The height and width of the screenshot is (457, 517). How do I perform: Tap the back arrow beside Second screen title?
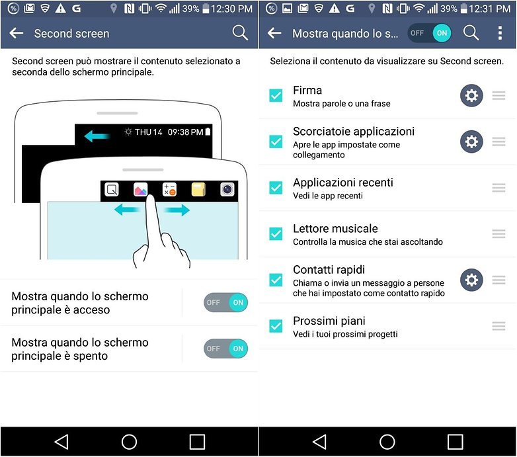click(17, 33)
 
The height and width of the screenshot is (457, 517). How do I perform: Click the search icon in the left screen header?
click(240, 33)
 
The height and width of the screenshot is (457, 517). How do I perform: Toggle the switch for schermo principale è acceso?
click(225, 303)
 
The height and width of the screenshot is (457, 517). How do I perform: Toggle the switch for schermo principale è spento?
click(225, 349)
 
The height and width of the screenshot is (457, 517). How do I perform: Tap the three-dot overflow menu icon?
click(500, 33)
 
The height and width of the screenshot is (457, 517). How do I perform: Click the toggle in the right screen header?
click(430, 33)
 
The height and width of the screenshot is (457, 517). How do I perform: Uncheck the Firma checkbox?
click(276, 96)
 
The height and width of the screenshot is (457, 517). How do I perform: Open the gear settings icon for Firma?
click(471, 96)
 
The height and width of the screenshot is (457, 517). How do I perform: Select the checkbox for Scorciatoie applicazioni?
click(276, 142)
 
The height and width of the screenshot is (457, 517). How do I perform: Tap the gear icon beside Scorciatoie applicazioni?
click(471, 142)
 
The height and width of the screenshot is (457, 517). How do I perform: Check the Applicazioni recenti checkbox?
click(276, 188)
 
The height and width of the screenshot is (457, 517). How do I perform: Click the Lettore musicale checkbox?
click(276, 234)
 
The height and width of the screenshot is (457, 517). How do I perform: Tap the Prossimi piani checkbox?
click(276, 326)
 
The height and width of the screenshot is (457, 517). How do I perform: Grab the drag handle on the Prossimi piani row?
click(499, 326)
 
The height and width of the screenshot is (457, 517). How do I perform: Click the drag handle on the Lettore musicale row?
click(499, 234)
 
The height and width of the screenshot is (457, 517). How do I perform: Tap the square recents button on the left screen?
click(197, 442)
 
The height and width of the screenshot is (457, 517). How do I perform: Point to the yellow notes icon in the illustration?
click(199, 190)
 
